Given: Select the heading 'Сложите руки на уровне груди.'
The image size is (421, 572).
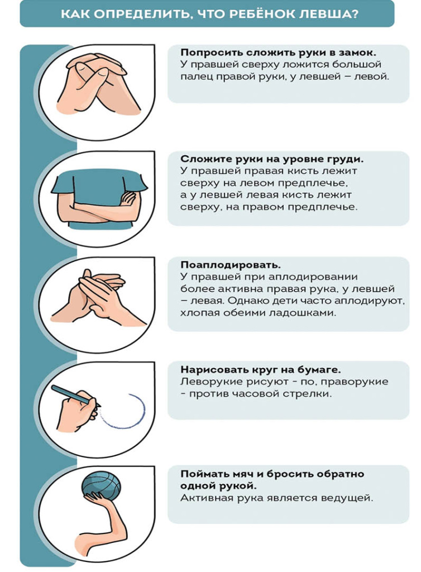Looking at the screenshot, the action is pyautogui.click(x=272, y=159).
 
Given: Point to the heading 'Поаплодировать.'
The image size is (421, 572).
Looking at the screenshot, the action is pyautogui.click(x=231, y=265).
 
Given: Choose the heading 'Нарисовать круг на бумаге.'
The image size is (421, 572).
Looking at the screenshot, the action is pyautogui.click(x=261, y=370).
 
